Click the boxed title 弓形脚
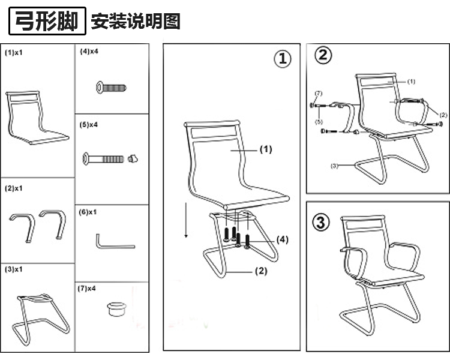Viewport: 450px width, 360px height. (47, 22)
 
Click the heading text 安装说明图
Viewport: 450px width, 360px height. (135, 22)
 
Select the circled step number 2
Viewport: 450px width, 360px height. (323, 56)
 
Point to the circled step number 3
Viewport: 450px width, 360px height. (322, 222)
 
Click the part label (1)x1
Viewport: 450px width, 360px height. (14, 53)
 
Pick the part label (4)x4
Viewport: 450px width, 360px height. (89, 52)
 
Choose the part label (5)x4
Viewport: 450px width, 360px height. (89, 125)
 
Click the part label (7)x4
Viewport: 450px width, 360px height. (88, 289)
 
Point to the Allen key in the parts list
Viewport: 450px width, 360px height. (114, 242)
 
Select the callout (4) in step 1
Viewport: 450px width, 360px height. (283, 239)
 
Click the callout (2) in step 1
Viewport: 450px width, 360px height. (260, 271)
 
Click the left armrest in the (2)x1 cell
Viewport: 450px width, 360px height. (22, 223)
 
